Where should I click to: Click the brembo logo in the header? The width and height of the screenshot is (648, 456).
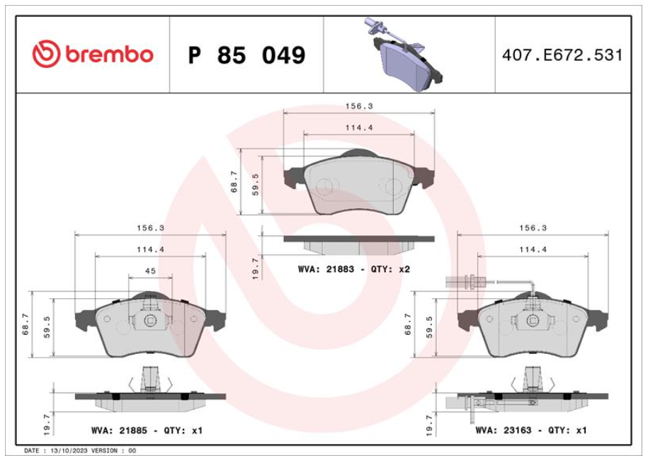(x=93, y=54)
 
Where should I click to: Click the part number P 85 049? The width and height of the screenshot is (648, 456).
(x=246, y=55)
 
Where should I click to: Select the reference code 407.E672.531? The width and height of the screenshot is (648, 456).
(x=562, y=55)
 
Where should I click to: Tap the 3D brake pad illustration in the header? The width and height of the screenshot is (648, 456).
(x=404, y=55)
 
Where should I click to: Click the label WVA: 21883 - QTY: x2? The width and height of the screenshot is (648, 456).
(x=354, y=269)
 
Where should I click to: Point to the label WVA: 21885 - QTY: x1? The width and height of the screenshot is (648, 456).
(x=147, y=431)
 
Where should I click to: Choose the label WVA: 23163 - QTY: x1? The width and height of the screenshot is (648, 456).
(x=531, y=430)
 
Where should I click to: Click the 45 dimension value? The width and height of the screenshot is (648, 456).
(x=150, y=271)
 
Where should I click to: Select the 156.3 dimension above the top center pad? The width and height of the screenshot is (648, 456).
(x=359, y=106)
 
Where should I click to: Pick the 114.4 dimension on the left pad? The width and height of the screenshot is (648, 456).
(x=150, y=249)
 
